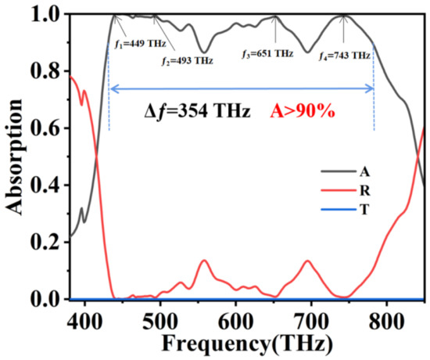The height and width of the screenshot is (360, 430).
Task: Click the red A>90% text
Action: pos(302,112)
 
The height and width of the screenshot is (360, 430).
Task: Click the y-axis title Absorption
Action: pos(16,157)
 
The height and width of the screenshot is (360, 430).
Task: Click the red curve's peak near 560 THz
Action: pos(204,261)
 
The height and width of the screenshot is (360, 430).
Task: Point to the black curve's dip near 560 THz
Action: pos(204,52)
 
